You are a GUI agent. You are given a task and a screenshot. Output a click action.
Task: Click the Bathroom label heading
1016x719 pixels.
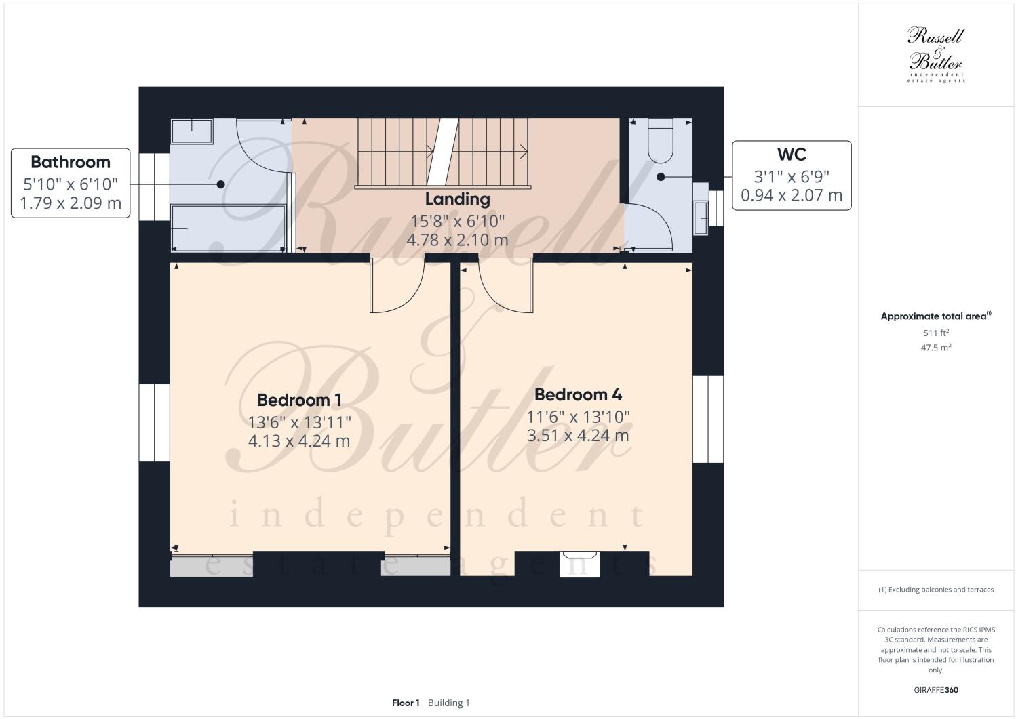click(70, 162)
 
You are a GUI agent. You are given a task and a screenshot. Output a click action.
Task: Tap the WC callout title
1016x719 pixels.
click(791, 155)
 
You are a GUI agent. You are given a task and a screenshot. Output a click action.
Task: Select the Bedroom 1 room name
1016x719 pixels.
click(298, 400)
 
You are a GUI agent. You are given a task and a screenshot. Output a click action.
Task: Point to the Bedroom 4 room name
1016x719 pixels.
click(578, 394)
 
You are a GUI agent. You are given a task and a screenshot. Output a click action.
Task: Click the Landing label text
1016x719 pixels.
click(457, 199)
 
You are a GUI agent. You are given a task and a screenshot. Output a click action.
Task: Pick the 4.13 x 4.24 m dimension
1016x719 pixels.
click(298, 441)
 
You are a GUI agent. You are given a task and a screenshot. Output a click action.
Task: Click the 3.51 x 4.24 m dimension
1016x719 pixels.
click(578, 435)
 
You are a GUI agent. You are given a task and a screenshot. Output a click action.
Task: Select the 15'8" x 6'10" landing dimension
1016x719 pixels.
click(457, 221)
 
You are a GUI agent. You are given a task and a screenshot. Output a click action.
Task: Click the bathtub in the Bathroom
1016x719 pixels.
click(227, 228)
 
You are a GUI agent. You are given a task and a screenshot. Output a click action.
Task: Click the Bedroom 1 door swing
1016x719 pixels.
click(397, 288)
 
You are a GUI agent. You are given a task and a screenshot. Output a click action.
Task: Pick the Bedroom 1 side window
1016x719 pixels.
click(154, 424)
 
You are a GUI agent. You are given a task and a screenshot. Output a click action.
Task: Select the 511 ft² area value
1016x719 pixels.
click(935, 333)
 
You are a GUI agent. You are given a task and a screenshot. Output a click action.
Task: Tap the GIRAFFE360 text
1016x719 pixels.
click(935, 691)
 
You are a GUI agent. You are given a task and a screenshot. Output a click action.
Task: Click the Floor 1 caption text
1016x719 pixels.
click(406, 703)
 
